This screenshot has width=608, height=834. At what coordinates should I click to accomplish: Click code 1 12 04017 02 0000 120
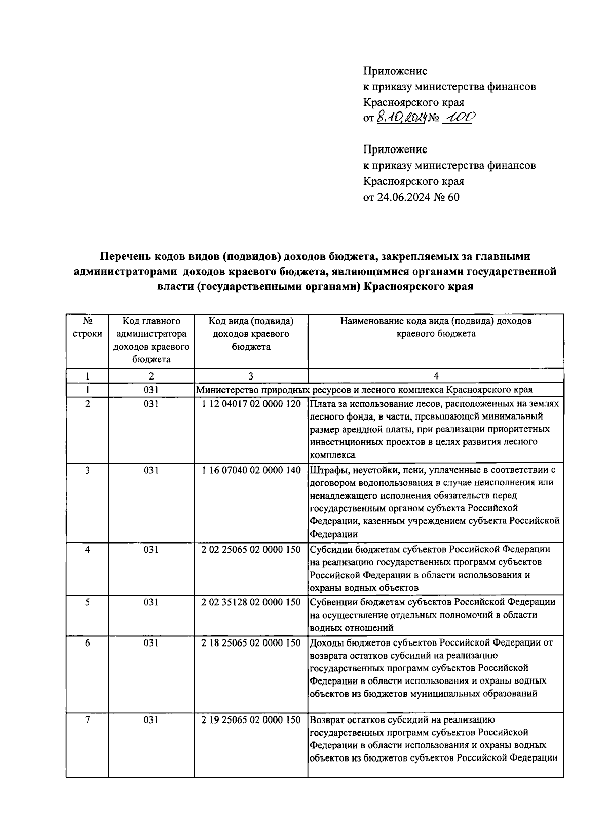tap(251, 404)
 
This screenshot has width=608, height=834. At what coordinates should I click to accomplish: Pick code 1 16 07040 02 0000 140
tap(251, 470)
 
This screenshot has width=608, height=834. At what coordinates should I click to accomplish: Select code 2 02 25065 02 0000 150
tap(251, 549)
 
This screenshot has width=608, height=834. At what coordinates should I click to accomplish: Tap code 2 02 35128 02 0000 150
tap(251, 602)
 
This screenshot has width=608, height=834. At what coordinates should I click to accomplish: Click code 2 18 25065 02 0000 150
tap(251, 642)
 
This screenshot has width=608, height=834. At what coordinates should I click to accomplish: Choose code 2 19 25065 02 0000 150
tap(251, 719)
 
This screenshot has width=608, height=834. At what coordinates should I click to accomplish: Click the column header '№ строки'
tap(88, 327)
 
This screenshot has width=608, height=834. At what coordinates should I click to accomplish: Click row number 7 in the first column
tap(88, 719)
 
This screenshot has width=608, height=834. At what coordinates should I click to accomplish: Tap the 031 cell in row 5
tap(151, 602)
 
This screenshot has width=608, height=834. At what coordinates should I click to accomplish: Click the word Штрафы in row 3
tap(327, 470)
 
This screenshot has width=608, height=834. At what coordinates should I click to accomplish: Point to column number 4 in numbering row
tap(436, 376)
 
